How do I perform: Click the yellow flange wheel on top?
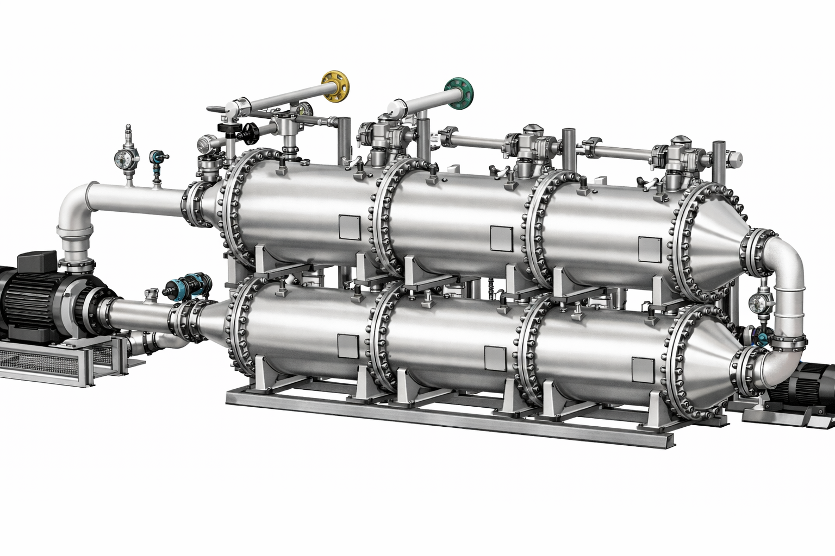[x=335, y=85]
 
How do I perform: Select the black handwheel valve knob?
[x=250, y=131]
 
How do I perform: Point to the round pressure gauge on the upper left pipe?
[x=121, y=157]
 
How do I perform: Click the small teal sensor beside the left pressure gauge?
[x=156, y=157]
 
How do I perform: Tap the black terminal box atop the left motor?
[x=37, y=261]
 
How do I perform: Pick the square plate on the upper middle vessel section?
[x=501, y=238]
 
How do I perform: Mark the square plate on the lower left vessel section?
[x=348, y=346]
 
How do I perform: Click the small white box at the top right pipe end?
[x=735, y=159]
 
